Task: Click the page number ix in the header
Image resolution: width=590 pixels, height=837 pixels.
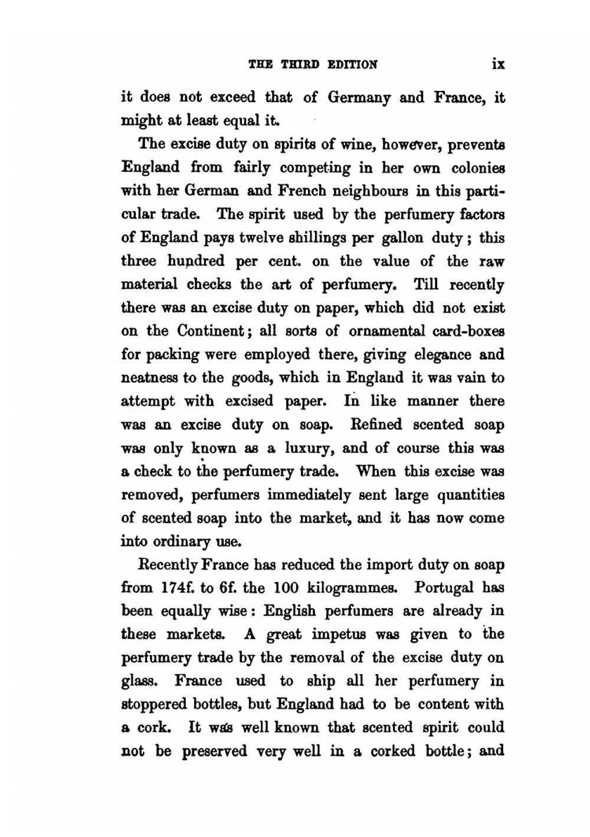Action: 497,64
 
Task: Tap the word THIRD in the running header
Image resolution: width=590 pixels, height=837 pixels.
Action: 300,64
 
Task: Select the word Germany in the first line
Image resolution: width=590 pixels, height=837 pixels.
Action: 359,97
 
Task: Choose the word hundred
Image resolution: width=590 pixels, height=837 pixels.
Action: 196,261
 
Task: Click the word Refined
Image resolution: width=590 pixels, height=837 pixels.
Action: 376,424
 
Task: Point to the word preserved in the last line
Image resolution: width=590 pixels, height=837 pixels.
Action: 214,751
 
